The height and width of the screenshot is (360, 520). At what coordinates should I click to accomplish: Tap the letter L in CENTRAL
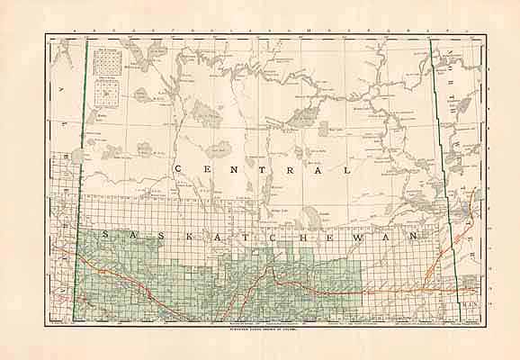pyautogui.click(x=345, y=169)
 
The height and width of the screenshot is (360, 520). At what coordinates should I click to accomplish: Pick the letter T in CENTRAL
pyautogui.click(x=264, y=169)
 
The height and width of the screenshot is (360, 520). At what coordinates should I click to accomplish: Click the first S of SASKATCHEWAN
pyautogui.click(x=106, y=235)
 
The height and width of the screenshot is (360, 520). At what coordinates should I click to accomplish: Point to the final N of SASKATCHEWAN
pyautogui.click(x=417, y=235)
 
